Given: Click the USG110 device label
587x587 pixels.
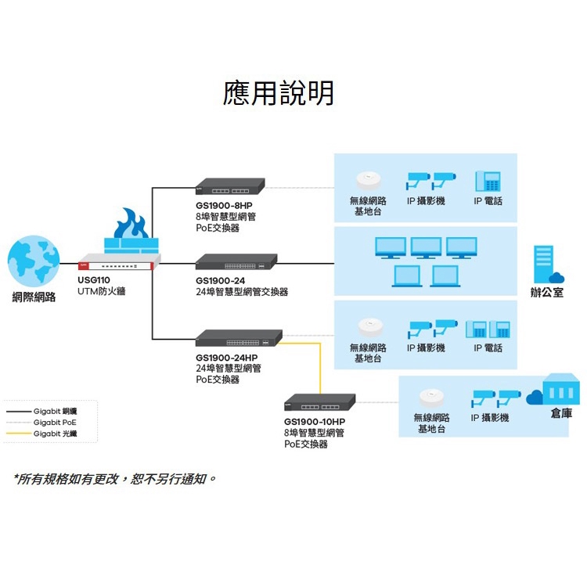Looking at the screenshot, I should pyautogui.click(x=93, y=279).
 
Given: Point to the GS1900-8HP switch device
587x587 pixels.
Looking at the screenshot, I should pyautogui.click(x=230, y=187).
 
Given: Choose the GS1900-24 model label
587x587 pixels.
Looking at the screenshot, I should pyautogui.click(x=221, y=279).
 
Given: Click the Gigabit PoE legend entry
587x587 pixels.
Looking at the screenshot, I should pyautogui.click(x=54, y=422).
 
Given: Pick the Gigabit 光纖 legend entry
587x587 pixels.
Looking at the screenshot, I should pyautogui.click(x=54, y=433).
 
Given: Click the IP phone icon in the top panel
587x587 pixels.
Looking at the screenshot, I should pyautogui.click(x=488, y=182).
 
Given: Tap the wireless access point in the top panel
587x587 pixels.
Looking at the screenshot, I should pyautogui.click(x=367, y=178).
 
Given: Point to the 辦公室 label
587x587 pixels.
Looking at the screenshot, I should pyautogui.click(x=546, y=293).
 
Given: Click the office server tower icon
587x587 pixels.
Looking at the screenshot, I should pyautogui.click(x=543, y=265).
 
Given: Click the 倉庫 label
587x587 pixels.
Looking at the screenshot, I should pyautogui.click(x=561, y=412).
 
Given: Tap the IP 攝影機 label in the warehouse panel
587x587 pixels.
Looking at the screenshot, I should pyautogui.click(x=490, y=418).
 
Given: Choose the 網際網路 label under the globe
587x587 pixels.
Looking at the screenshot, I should pyautogui.click(x=34, y=297).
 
